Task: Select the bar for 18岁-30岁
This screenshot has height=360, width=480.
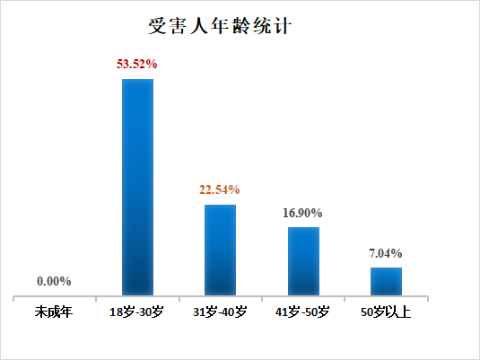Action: click(x=137, y=187)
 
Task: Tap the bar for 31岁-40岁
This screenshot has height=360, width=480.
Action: click(x=220, y=250)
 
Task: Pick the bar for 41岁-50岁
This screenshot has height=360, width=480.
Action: click(x=303, y=260)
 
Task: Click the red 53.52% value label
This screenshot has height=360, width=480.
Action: click(x=137, y=65)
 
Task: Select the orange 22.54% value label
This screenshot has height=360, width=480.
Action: click(x=220, y=189)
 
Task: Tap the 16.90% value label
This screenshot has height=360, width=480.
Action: click(x=303, y=213)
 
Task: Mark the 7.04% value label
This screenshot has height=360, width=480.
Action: click(x=386, y=253)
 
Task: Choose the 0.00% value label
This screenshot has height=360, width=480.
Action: click(x=54, y=281)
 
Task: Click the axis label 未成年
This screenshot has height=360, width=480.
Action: click(x=54, y=313)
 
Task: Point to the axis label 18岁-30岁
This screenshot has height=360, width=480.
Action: click(x=136, y=313)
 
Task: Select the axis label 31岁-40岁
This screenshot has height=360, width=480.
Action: click(x=220, y=313)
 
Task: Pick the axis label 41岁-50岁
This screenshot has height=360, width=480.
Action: click(x=303, y=313)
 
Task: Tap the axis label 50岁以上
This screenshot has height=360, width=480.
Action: click(x=386, y=313)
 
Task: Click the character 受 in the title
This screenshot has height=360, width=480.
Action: click(x=158, y=24)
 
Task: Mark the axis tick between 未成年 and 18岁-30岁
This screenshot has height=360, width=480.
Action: click(x=96, y=297)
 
